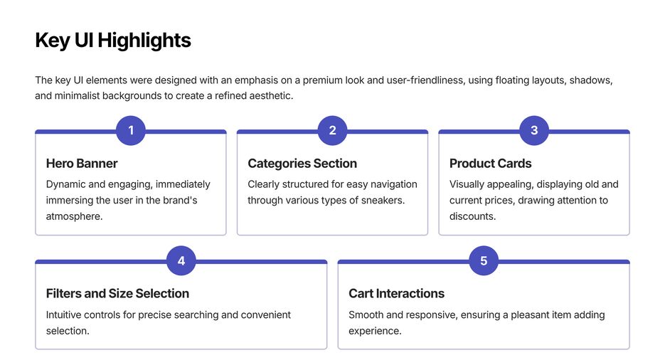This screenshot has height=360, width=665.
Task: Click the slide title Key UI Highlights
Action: tap(113, 41)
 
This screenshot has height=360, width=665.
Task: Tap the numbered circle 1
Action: tap(131, 130)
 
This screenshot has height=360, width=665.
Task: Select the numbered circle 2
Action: tap(332, 130)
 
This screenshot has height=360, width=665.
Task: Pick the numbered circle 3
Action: tap(534, 130)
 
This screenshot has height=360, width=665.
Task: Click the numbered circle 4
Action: tap(181, 260)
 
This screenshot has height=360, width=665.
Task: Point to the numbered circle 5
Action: tap(484, 260)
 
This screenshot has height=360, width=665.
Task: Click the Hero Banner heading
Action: tap(82, 164)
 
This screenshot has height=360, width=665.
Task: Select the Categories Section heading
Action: tap(302, 164)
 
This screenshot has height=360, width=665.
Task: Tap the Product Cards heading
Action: tap(490, 164)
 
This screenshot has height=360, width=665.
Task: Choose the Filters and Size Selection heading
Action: tap(117, 293)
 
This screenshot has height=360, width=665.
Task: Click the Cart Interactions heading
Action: tap(396, 293)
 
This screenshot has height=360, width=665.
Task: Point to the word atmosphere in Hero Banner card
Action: tap(74, 216)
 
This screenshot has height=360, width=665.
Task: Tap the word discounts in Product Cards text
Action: tap(472, 216)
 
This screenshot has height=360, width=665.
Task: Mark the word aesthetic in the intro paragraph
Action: tap(267, 95)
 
